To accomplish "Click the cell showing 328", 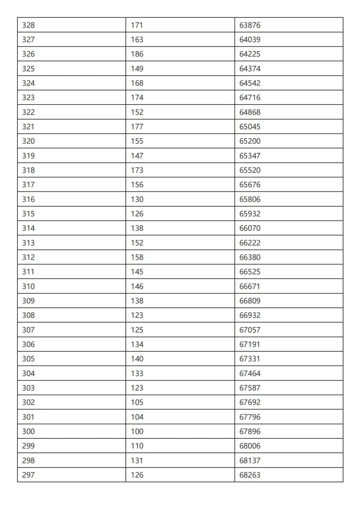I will pos(28,25).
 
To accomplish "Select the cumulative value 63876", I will pos(250,25).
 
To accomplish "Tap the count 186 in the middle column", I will pos(137,54).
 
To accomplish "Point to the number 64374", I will pos(250,69).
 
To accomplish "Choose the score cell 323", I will pos(28,98).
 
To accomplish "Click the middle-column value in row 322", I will pos(137,112).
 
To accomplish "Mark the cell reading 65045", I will pos(250,127).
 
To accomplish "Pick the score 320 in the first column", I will pos(28,141).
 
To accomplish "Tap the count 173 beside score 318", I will pos(137,170).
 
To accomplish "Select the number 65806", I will pos(250,199).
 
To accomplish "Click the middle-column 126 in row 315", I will pos(137,214).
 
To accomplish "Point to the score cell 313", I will pos(28,243).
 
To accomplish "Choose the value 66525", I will pos(250,272).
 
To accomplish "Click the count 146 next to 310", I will pos(137,286).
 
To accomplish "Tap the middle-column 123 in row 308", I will pos(137,315).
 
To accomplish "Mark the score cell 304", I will pos(28,373).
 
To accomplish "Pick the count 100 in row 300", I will pos(137,431).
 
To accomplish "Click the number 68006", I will pos(250,446).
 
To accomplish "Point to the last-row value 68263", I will pos(250,475).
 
